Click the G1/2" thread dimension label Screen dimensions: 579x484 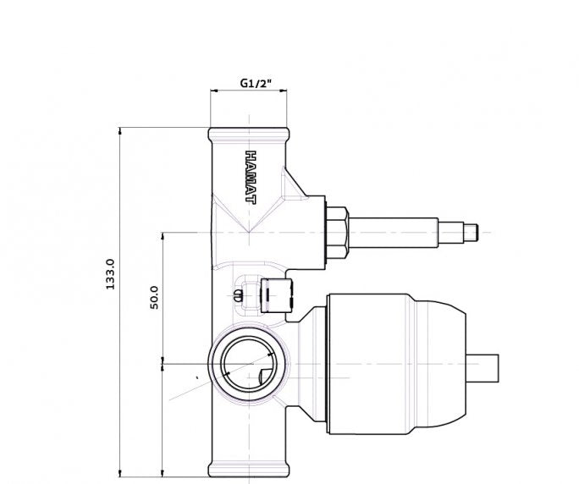coord(256,83)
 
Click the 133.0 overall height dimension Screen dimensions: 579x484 coord(110,274)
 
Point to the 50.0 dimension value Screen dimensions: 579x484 coord(154,298)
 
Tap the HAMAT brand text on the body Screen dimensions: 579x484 coord(251,177)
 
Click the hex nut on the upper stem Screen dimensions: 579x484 coord(338,233)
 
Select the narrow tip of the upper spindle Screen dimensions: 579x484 coord(471,233)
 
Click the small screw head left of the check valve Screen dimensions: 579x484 coord(237,295)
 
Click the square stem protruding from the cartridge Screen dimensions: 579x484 coord(482,368)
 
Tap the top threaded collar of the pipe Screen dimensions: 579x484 coord(249,135)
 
